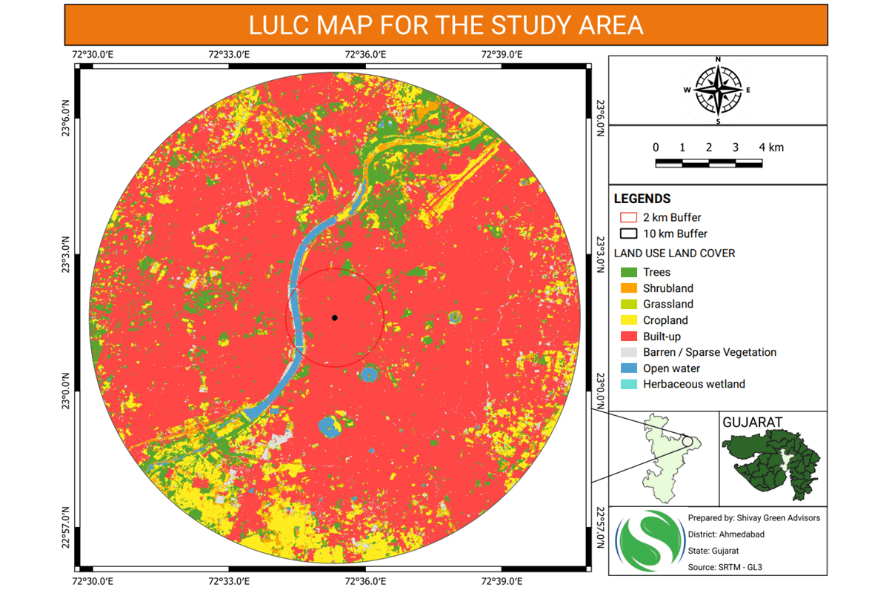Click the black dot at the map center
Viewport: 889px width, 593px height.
coord(335,318)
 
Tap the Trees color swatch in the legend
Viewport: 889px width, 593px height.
coord(629,273)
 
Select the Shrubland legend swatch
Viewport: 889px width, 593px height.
coord(629,288)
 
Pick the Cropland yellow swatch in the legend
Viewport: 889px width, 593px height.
coord(629,320)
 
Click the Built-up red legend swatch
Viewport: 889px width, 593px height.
coord(629,337)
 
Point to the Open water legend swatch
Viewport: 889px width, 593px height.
coord(629,368)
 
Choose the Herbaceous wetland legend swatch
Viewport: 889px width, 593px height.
coord(629,384)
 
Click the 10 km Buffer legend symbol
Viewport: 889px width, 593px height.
coord(629,233)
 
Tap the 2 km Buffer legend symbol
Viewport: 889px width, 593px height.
coord(629,218)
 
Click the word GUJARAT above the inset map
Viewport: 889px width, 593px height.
coord(754,422)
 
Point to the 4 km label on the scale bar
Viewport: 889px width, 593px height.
coord(771,148)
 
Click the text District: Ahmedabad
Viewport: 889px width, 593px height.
coord(726,534)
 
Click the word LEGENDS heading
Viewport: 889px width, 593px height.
coord(642,199)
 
